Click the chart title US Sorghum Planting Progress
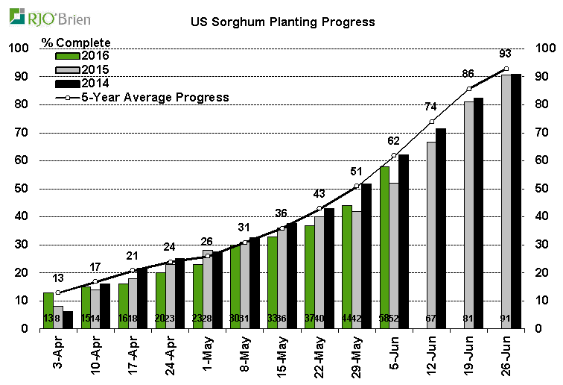pyautogui.click(x=281, y=22)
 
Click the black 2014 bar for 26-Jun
pyautogui.click(x=515, y=201)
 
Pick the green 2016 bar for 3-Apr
pyautogui.click(x=48, y=310)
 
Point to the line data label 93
pyautogui.click(x=506, y=54)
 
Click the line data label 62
pyautogui.click(x=394, y=140)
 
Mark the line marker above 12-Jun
pyautogui.click(x=431, y=122)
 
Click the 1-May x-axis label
pyautogui.click(x=207, y=355)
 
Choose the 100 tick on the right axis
pyautogui.click(x=545, y=48)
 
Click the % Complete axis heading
pyautogui.click(x=77, y=43)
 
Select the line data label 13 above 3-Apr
pyautogui.click(x=58, y=278)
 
